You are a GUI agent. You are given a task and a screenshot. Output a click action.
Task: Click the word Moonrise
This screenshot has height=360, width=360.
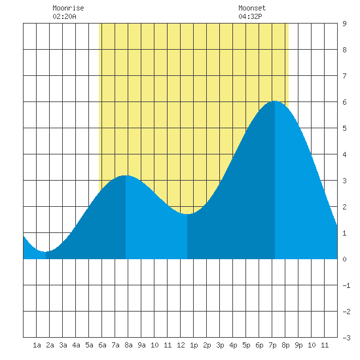click(68, 8)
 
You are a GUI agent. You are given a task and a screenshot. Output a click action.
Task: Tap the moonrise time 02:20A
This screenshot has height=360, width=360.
click(64, 16)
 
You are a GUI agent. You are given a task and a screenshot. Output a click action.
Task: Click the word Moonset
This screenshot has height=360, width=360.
click(252, 8)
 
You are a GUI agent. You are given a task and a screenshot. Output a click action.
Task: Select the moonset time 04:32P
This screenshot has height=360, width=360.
click(250, 16)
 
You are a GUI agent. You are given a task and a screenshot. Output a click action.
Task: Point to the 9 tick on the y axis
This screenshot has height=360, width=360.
click(344, 24)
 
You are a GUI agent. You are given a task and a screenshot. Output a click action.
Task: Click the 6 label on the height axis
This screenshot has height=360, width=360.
click(344, 102)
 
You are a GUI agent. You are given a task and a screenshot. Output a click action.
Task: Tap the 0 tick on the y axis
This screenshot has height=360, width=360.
click(344, 259)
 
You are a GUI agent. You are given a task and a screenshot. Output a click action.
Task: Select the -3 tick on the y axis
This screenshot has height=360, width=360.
click(346, 338)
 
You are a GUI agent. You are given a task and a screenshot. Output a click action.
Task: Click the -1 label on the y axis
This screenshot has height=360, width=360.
click(346, 285)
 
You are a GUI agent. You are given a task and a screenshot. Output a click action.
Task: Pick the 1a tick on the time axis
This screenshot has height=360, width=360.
click(37, 345)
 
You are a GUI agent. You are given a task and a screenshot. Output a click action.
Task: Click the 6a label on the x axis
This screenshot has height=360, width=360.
click(102, 345)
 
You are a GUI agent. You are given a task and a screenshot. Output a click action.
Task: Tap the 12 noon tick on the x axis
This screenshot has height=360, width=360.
click(181, 345)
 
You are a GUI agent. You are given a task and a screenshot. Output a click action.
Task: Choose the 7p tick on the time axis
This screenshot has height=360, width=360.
click(272, 345)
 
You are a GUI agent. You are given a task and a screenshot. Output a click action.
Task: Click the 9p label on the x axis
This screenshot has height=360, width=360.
click(298, 345)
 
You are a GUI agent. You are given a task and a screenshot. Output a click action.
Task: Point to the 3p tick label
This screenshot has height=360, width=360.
click(220, 345)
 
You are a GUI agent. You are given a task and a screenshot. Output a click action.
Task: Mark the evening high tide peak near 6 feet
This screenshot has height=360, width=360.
click(275, 101)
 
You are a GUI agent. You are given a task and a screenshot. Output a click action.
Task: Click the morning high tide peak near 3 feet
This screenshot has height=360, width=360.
click(126, 175)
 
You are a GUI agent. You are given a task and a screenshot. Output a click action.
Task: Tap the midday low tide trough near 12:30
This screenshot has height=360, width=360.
click(187, 214)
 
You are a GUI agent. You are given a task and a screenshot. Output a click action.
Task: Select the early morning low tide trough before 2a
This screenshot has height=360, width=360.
click(46, 251)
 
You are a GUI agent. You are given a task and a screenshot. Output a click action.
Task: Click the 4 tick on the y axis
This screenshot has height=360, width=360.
click(344, 154)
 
